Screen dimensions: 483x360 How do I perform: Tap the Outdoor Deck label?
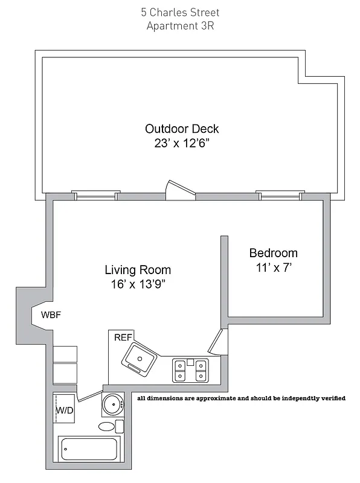(x=182, y=129)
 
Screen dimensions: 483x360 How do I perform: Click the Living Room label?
(x=138, y=270)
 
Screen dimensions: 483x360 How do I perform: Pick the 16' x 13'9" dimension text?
(x=138, y=285)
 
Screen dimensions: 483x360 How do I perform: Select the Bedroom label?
(x=273, y=253)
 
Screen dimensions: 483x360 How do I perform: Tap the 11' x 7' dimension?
(x=273, y=268)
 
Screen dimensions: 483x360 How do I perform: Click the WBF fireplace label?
(x=51, y=315)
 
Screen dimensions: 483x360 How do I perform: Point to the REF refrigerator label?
(x=123, y=338)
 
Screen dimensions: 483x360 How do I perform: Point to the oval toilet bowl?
(x=107, y=427)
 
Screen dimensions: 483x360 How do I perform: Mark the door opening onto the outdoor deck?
(x=181, y=190)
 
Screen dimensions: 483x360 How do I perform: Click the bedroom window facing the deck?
(x=279, y=195)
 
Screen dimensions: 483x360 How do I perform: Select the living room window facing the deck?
(x=94, y=195)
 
